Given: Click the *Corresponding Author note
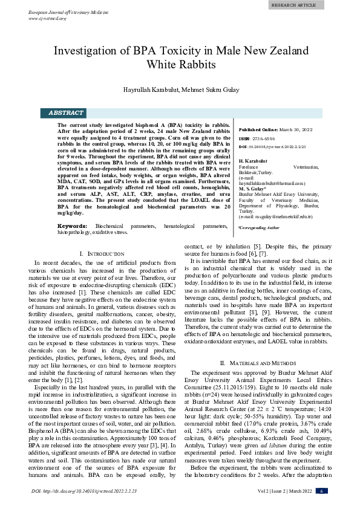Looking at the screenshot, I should click(260, 228).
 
